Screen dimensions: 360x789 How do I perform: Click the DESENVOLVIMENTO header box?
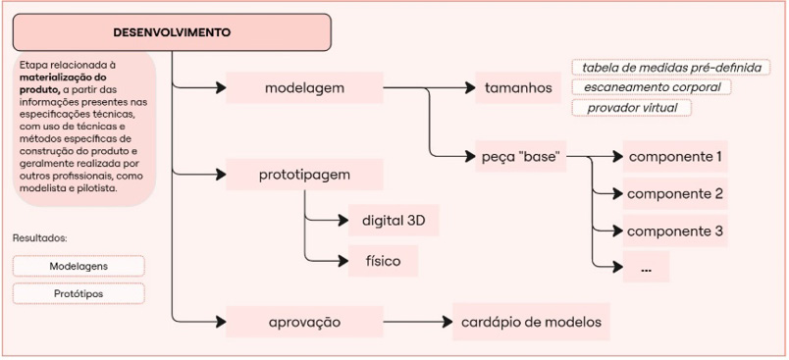[173, 32]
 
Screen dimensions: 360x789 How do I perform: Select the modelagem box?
[304, 88]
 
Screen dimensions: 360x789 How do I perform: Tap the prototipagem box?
[304, 176]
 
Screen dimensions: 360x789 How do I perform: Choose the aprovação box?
[304, 322]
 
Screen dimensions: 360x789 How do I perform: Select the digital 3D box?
[394, 219]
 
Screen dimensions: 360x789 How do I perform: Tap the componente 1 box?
[675, 156]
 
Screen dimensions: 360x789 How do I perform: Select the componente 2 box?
[675, 193]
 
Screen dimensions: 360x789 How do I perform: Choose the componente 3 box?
[675, 231]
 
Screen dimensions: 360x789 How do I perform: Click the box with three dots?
[645, 268]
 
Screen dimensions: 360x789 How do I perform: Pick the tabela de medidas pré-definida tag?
[670, 69]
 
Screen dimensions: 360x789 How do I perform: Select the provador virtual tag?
[632, 107]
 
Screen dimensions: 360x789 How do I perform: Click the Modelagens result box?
[79, 266]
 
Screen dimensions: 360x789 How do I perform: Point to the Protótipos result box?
[79, 293]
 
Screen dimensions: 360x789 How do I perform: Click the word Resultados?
[39, 238]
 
